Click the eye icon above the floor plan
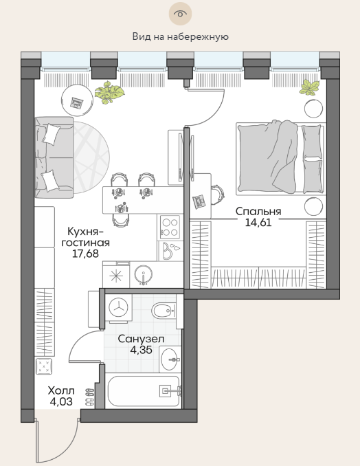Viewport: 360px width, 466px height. pyautogui.click(x=180, y=14)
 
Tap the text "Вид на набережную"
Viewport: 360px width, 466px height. pyautogui.click(x=180, y=37)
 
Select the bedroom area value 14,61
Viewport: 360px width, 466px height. pyautogui.click(x=258, y=222)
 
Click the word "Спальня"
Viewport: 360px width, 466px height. pyautogui.click(x=258, y=211)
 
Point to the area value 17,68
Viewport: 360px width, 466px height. pyautogui.click(x=86, y=254)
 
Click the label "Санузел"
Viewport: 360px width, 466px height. pyautogui.click(x=141, y=339)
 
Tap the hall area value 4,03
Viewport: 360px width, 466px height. pyautogui.click(x=61, y=402)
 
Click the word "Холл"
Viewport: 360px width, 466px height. pyautogui.click(x=61, y=390)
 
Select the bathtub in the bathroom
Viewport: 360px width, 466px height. pyautogui.click(x=144, y=391)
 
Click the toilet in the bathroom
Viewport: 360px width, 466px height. pyautogui.click(x=164, y=311)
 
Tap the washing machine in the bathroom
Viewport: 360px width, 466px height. pyautogui.click(x=119, y=308)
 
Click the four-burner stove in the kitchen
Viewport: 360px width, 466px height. pyautogui.click(x=170, y=228)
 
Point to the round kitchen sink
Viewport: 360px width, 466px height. pyautogui.click(x=143, y=275)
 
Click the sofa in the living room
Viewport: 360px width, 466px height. pyautogui.click(x=54, y=157)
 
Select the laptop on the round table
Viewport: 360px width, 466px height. pyautogui.click(x=77, y=103)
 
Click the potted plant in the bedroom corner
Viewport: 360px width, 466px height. pyautogui.click(x=310, y=87)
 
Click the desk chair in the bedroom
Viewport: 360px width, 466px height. pyautogui.click(x=218, y=195)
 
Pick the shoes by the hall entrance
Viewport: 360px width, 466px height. pyautogui.click(x=90, y=397)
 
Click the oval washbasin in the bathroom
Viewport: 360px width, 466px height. pyautogui.click(x=170, y=359)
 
